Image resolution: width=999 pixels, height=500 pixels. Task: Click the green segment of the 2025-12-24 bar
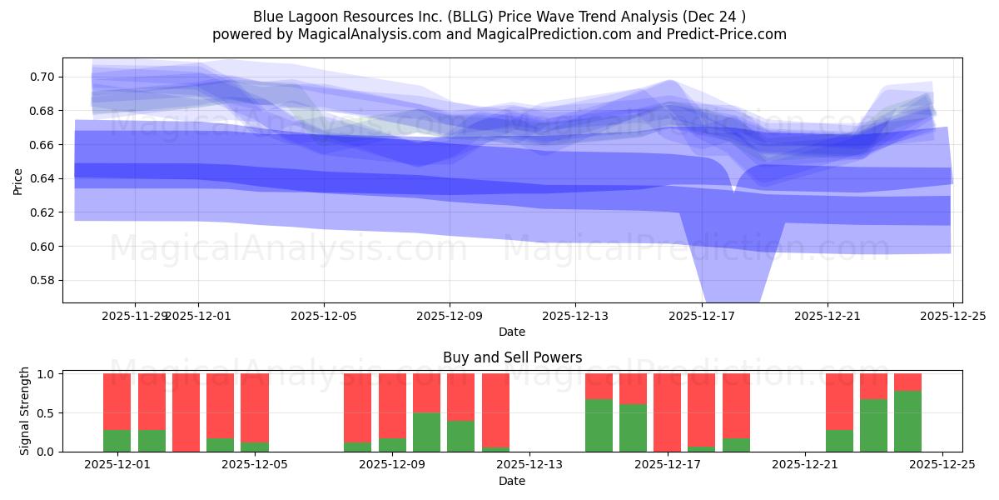(907, 421)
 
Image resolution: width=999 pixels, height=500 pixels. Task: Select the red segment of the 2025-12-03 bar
(186, 412)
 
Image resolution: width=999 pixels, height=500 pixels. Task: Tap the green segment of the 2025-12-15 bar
(599, 425)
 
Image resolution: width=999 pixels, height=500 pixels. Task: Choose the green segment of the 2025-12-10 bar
(460, 436)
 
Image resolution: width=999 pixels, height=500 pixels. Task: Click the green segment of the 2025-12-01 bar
(117, 441)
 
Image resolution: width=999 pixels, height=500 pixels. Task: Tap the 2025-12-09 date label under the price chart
(449, 317)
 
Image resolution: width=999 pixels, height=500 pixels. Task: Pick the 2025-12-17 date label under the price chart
(701, 317)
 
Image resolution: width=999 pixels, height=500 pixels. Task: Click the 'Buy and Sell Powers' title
(512, 357)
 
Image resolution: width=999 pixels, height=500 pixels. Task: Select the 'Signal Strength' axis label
(25, 410)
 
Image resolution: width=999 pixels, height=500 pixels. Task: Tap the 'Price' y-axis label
(18, 180)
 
